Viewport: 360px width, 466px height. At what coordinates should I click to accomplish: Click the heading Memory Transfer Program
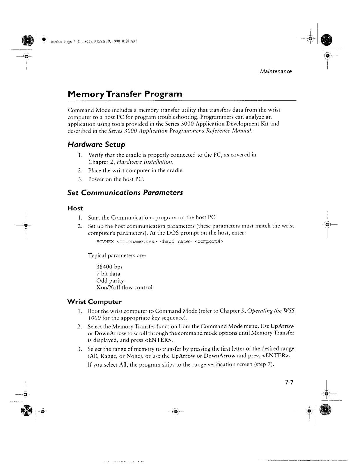(x=125, y=94)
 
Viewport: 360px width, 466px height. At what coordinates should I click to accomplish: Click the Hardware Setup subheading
(x=96, y=144)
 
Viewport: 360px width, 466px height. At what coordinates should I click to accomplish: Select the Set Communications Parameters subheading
(x=125, y=193)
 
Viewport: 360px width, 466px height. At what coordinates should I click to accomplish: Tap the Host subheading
(x=75, y=208)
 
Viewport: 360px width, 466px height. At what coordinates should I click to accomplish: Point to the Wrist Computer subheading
(x=94, y=301)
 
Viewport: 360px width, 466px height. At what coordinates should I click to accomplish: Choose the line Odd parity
(x=110, y=281)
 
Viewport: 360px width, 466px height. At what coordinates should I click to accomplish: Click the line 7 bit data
(x=108, y=274)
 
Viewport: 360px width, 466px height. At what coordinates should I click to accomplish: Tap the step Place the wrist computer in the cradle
(x=136, y=170)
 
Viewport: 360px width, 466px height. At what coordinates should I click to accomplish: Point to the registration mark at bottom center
(x=176, y=412)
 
